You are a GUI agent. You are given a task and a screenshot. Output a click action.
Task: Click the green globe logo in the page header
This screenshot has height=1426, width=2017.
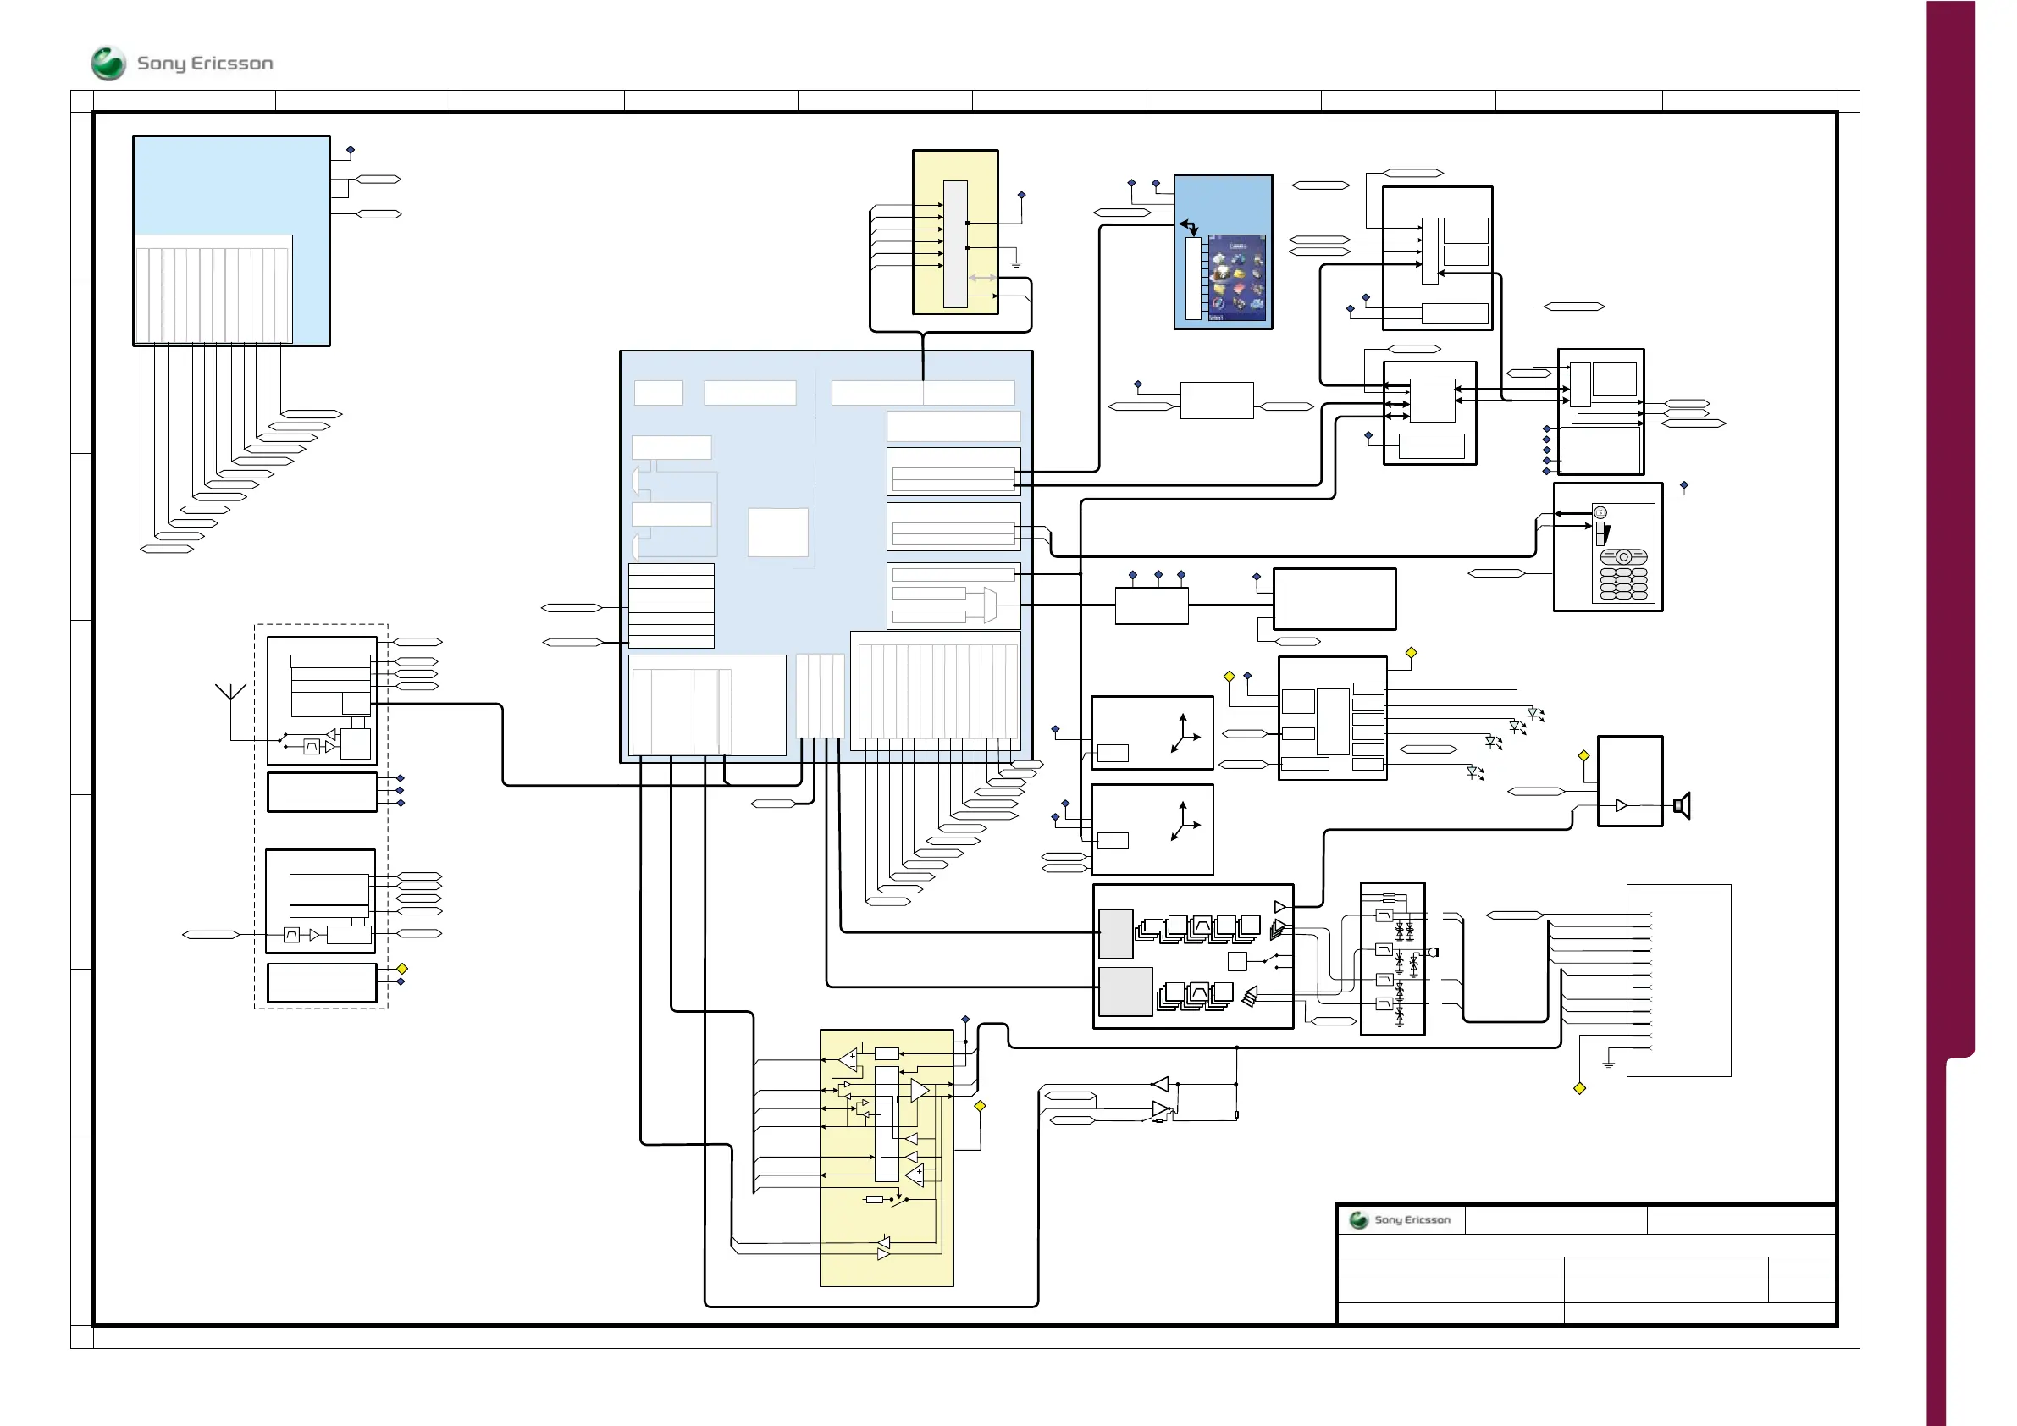point(108,64)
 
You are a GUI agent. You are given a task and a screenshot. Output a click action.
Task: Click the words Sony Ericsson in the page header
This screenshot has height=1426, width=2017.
point(205,64)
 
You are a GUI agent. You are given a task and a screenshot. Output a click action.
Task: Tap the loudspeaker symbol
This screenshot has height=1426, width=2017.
point(1683,804)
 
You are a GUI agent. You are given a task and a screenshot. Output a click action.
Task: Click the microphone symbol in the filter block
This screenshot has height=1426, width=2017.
point(1434,952)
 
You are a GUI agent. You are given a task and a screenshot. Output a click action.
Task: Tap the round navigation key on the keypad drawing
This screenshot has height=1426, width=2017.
point(1623,557)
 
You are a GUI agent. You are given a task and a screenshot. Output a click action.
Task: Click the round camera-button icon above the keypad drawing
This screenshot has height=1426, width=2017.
point(1600,513)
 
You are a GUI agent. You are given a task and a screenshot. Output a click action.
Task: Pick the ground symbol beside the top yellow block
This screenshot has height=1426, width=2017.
point(1016,263)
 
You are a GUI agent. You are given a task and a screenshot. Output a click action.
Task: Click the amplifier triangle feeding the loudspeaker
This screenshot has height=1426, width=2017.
point(1622,805)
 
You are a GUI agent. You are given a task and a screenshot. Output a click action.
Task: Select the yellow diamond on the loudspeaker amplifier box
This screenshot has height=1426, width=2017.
point(1584,755)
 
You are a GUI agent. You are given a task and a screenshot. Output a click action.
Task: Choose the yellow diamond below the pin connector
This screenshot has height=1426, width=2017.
point(1579,1089)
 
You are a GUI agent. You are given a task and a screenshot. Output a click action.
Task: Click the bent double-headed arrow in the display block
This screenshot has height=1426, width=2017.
point(1189,227)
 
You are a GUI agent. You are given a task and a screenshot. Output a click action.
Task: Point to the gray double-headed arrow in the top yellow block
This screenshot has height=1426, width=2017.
point(982,278)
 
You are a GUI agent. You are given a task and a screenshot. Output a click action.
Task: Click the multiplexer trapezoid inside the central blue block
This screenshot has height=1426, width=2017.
point(990,605)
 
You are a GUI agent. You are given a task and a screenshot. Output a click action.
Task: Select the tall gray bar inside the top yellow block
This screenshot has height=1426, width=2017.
point(955,244)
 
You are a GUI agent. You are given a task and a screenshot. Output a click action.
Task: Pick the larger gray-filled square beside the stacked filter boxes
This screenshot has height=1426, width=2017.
point(1125,991)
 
